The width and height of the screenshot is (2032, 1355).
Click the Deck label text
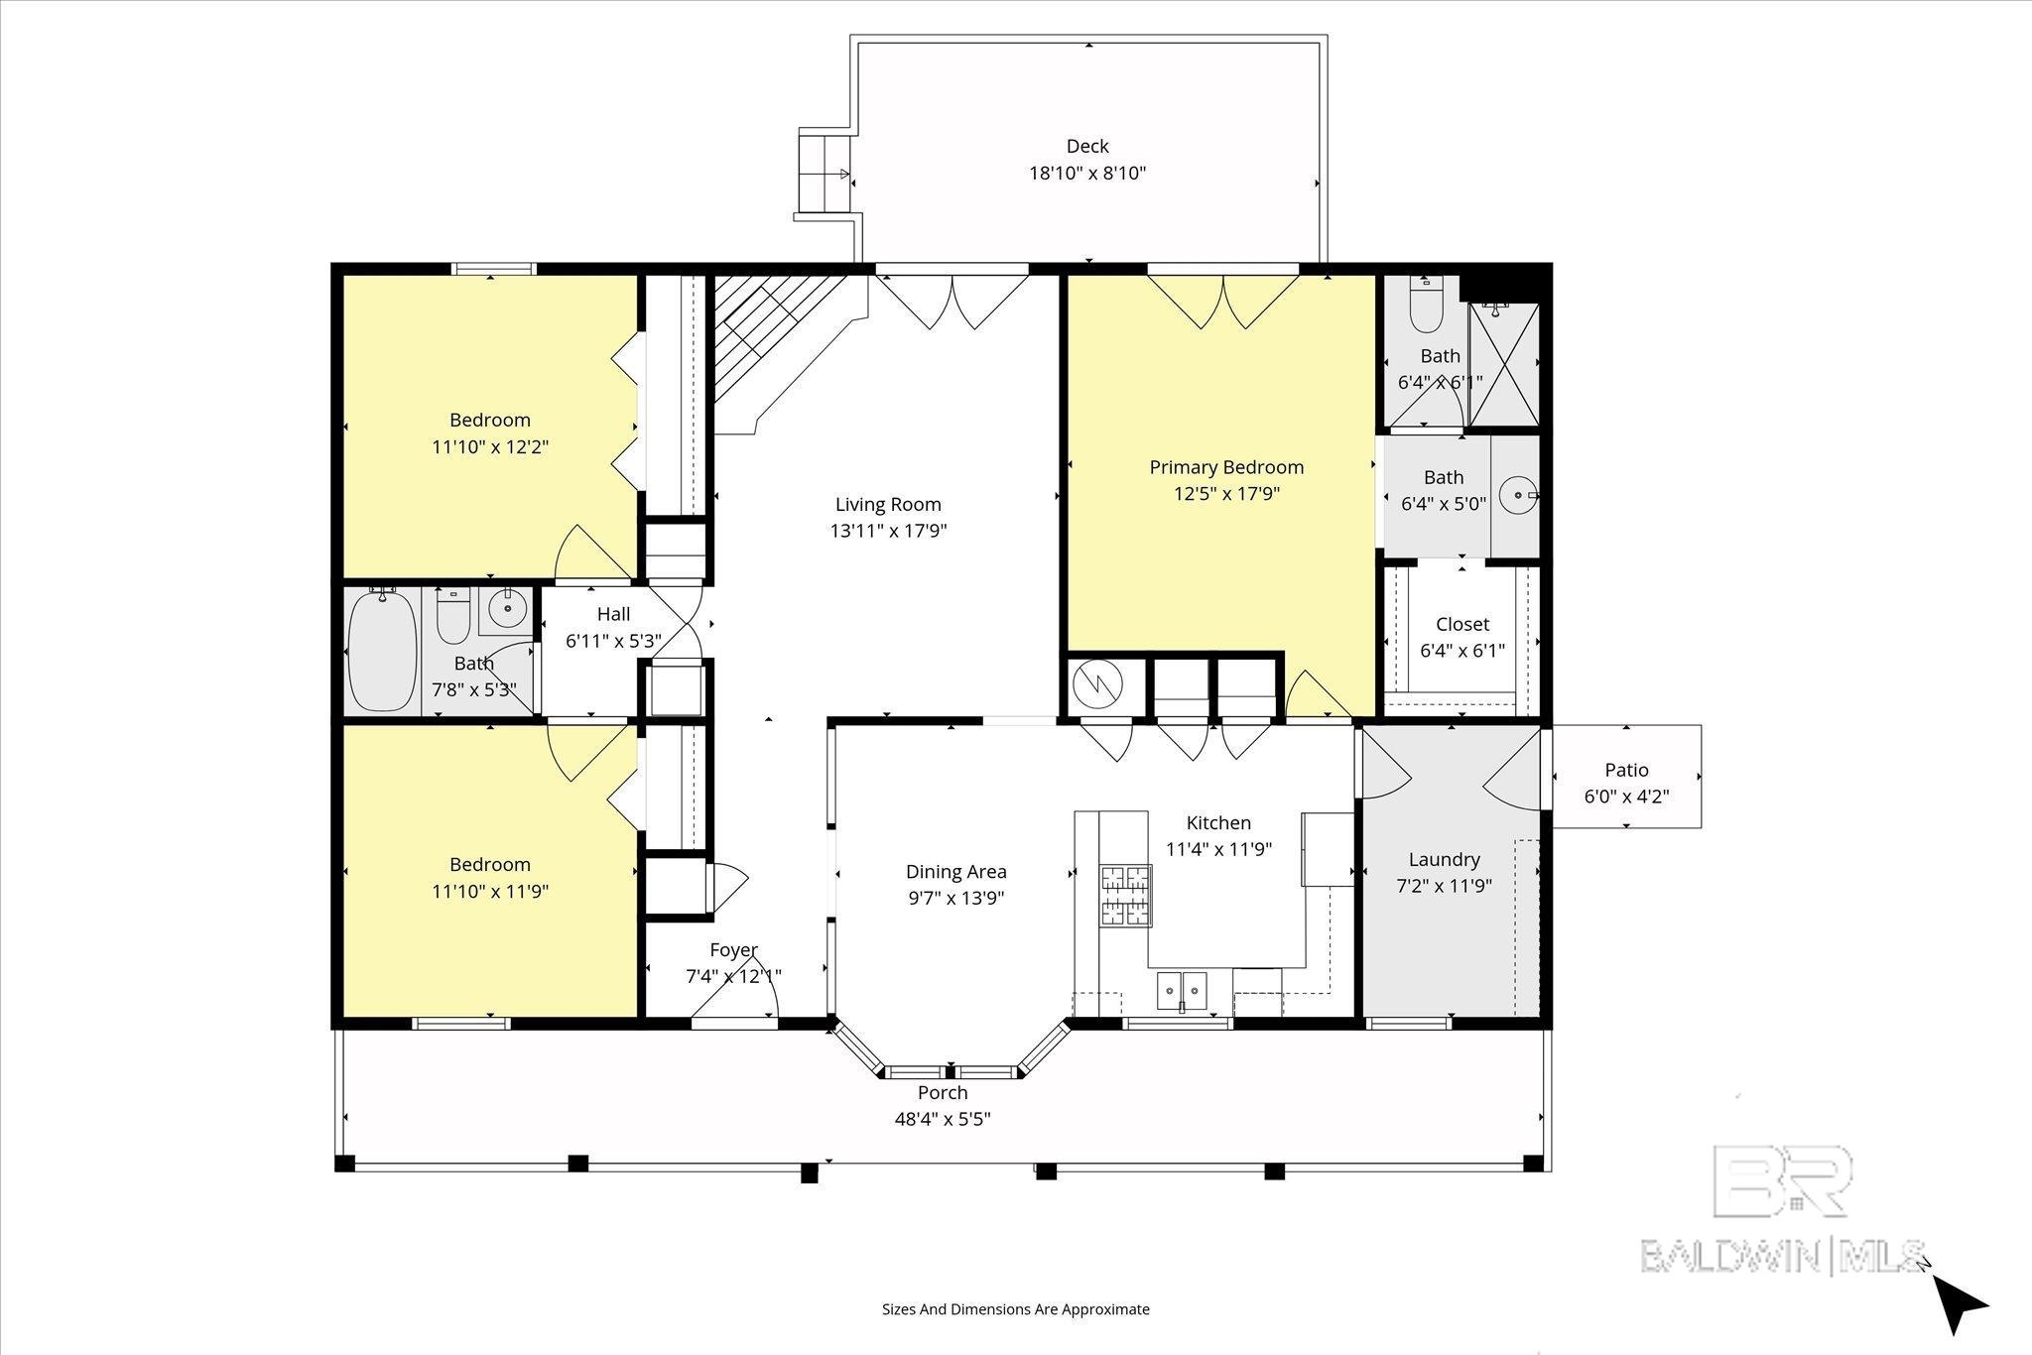[x=1087, y=147]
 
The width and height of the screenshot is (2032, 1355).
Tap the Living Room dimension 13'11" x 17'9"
[x=888, y=531]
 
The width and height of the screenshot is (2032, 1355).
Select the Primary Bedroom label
[x=1226, y=467]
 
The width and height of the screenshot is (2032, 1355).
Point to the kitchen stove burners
[x=1125, y=895]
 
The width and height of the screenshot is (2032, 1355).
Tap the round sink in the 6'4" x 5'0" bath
[x=1518, y=494]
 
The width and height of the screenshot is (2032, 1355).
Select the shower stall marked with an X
[x=1504, y=363]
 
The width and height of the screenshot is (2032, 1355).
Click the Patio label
[x=1626, y=770]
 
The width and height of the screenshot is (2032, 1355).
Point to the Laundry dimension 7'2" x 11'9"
[x=1444, y=886]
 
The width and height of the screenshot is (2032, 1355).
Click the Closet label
[x=1462, y=624]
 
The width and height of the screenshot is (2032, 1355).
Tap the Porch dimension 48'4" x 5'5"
[x=943, y=1119]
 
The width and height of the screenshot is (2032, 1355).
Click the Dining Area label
[x=955, y=872]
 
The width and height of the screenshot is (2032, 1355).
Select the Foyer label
[x=733, y=950]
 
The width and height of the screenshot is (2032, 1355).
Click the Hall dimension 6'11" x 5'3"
[x=613, y=641]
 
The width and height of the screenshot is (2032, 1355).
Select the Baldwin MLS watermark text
[x=1782, y=1256]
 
